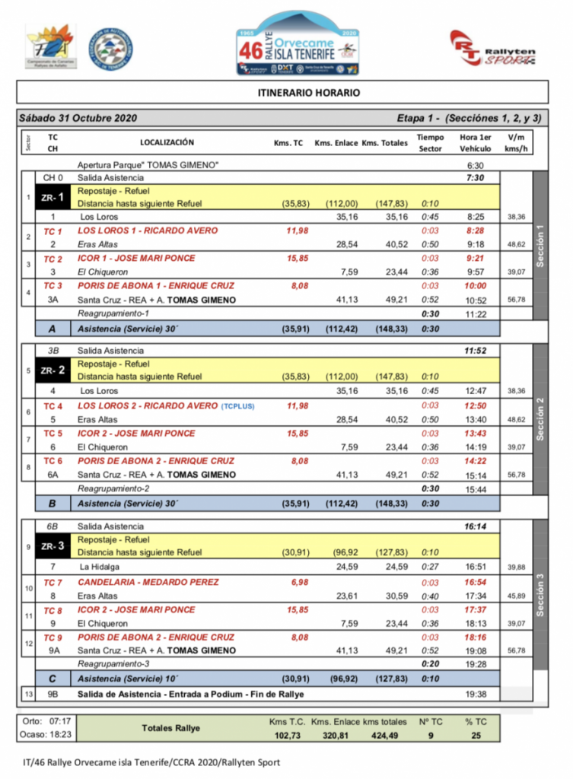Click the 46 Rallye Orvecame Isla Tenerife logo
click(298, 45)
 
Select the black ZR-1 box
click(53, 196)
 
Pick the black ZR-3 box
click(53, 545)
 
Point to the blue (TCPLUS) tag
click(238, 406)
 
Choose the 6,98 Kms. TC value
click(297, 582)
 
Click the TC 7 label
click(53, 582)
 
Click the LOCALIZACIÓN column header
click(167, 143)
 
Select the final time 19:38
click(475, 695)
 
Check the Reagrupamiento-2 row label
click(113, 488)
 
